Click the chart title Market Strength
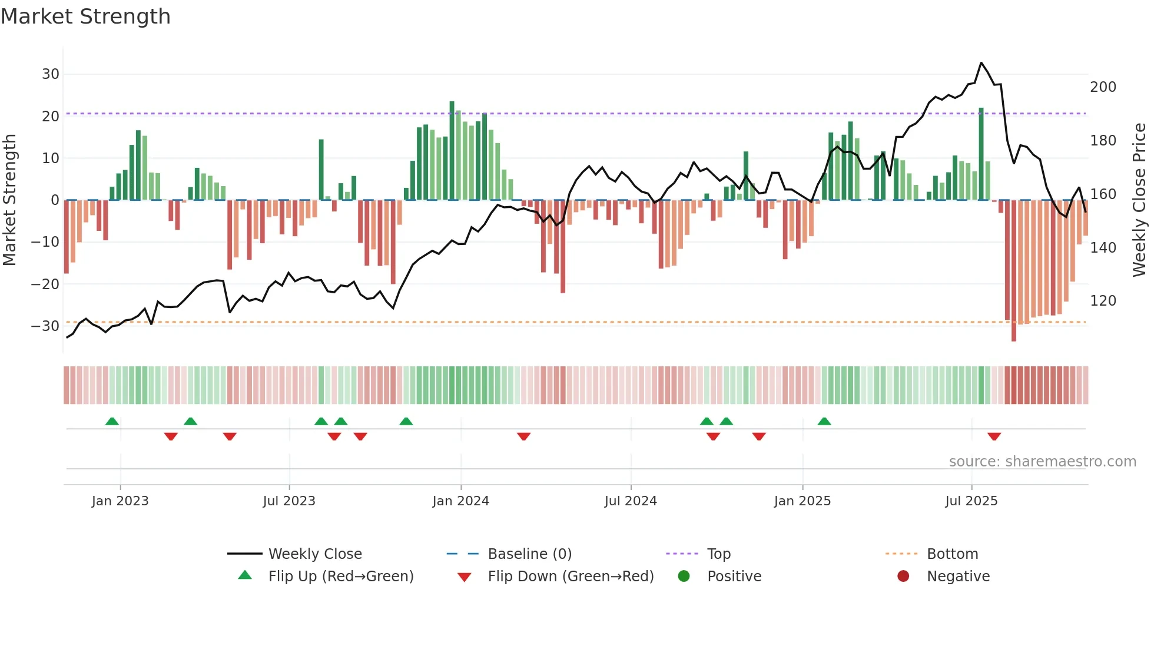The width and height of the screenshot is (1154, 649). pos(85,16)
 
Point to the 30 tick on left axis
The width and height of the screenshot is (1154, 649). pos(51,74)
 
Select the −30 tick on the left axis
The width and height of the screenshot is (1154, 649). pos(46,326)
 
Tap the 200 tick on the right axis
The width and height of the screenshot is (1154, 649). pos(1103,87)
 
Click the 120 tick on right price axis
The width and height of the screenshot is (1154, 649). pos(1103,301)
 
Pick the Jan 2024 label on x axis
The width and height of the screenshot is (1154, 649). pos(460,501)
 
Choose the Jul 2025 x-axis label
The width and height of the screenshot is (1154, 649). pos(971,501)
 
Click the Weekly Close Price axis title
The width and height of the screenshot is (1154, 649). pos(1139,200)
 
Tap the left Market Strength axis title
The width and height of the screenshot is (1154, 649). pos(9,200)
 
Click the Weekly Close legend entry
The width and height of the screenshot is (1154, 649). pos(314,554)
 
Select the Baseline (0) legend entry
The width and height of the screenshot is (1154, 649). pos(529,554)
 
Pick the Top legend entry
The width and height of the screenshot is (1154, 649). pos(718,554)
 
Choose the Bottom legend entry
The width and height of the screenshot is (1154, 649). pos(952,554)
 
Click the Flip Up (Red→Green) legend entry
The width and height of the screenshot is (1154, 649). pos(340,577)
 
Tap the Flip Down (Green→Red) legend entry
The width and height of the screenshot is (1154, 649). pos(570,577)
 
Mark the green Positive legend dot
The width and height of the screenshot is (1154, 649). pos(684,576)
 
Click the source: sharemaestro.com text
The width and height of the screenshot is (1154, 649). pos(1042,462)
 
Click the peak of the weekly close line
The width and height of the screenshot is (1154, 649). pos(981,63)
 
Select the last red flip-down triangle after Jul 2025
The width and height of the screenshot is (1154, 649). pos(994,436)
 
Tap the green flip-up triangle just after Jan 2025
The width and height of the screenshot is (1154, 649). pos(824,421)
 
